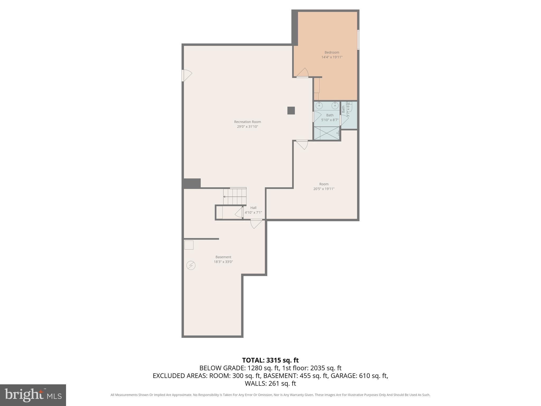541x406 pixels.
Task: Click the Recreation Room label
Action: (247, 122)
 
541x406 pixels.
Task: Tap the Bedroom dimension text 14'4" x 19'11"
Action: (332, 57)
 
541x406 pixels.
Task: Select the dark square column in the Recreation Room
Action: (291, 110)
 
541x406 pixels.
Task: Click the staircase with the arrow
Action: (235, 196)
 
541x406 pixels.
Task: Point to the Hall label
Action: (253, 208)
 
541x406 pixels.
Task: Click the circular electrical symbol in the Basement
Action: (191, 265)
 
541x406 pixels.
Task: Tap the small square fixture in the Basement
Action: (189, 245)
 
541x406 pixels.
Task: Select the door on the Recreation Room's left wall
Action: (186, 75)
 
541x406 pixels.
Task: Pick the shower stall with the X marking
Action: (327, 133)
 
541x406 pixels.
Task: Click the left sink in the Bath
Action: (319, 106)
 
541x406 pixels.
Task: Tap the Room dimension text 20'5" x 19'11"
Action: (324, 189)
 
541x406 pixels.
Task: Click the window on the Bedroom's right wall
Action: (358, 40)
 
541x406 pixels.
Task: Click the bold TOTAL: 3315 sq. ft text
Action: (270, 360)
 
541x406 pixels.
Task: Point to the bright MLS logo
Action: (33, 395)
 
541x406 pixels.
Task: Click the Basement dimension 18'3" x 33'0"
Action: (223, 262)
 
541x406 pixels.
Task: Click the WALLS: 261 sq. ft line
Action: (270, 383)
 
